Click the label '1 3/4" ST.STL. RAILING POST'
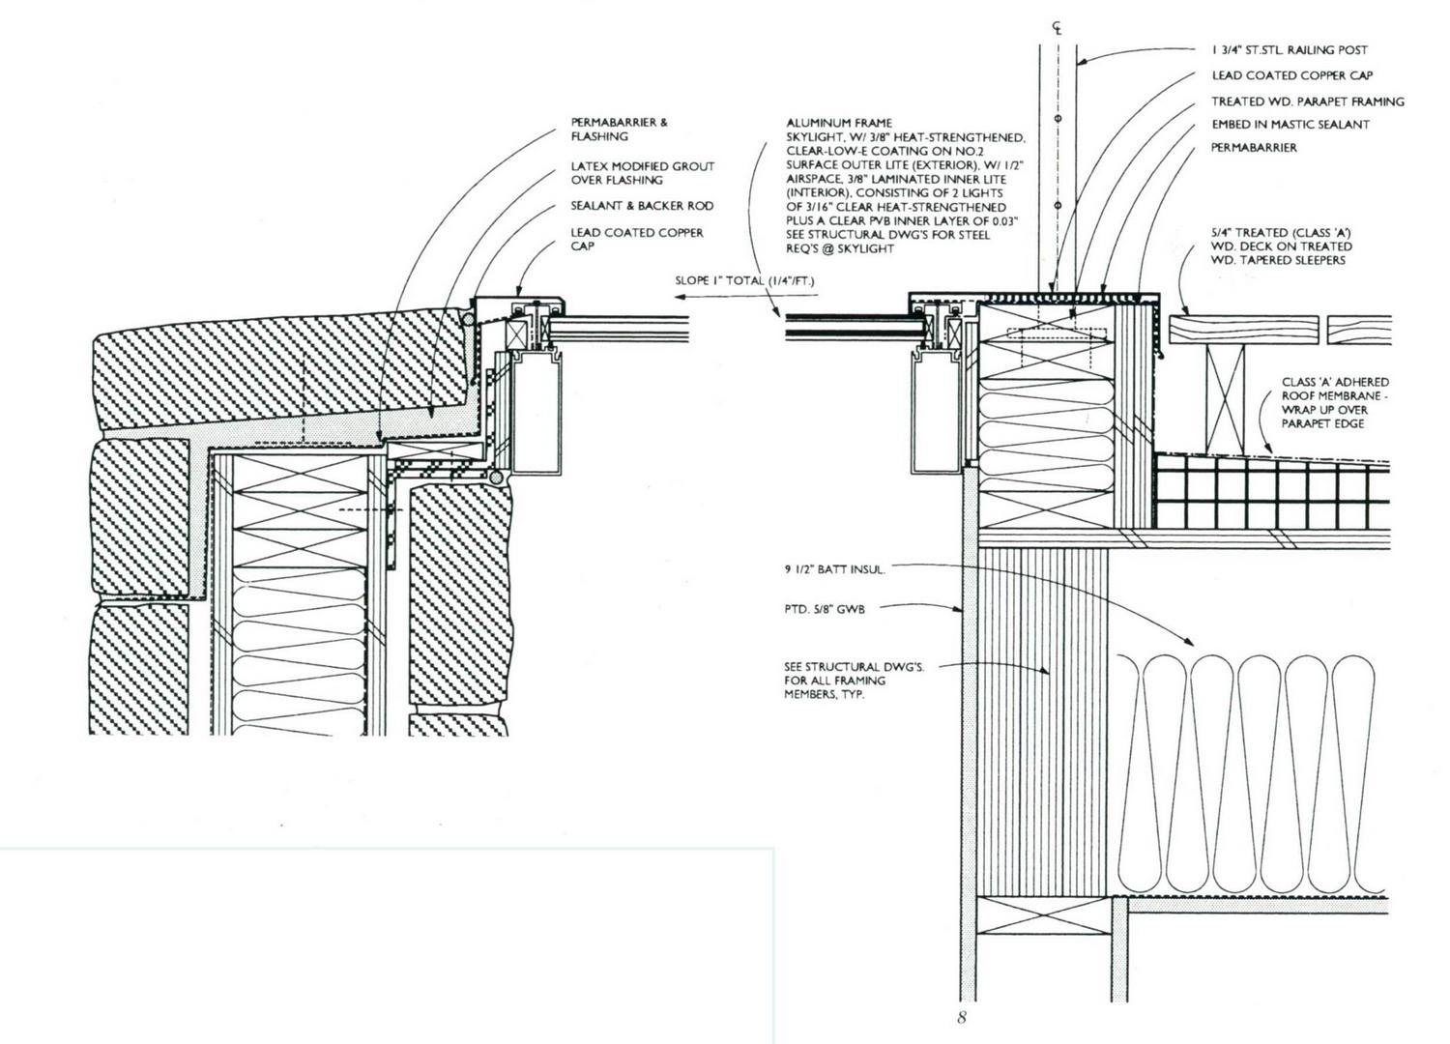(x=1290, y=50)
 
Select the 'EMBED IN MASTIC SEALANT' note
(x=1290, y=125)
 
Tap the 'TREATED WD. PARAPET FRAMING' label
(x=1308, y=101)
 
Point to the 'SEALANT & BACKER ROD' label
(x=642, y=206)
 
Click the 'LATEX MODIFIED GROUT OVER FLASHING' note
(x=642, y=173)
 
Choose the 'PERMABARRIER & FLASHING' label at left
(x=619, y=129)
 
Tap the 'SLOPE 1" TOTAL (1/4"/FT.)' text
(x=744, y=280)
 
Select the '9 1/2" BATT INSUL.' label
(x=834, y=569)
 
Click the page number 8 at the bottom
(x=961, y=1018)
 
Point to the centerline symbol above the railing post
(x=1058, y=28)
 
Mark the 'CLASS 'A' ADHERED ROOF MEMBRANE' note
(x=1335, y=402)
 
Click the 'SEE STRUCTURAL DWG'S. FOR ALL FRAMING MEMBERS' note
(x=854, y=681)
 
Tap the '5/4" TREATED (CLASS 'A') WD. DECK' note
(x=1282, y=246)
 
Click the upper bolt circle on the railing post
(x=1058, y=119)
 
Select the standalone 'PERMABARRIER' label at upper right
(x=1254, y=148)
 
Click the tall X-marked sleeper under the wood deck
(x=1225, y=399)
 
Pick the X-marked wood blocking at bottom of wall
(x=1043, y=915)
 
